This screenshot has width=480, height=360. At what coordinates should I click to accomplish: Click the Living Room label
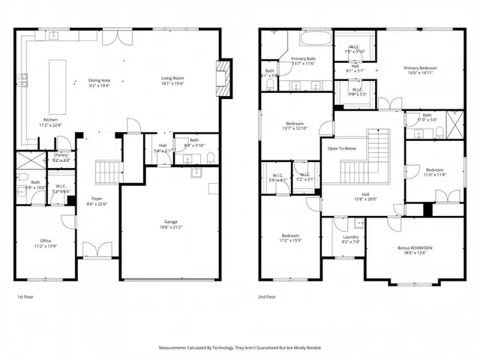click(172, 78)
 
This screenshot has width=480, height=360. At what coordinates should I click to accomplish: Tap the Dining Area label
click(100, 80)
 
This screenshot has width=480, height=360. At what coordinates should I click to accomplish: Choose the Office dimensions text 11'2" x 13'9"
click(45, 246)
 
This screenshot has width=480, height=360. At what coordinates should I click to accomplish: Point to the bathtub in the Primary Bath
click(310, 39)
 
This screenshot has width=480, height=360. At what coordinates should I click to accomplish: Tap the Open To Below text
click(341, 148)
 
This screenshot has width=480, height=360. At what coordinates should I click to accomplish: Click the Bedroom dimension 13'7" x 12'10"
click(293, 129)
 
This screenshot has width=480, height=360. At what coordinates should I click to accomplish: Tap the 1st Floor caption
click(26, 296)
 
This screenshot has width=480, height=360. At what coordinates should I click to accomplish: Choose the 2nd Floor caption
click(267, 296)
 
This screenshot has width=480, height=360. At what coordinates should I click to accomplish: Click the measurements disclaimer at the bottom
click(240, 347)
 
